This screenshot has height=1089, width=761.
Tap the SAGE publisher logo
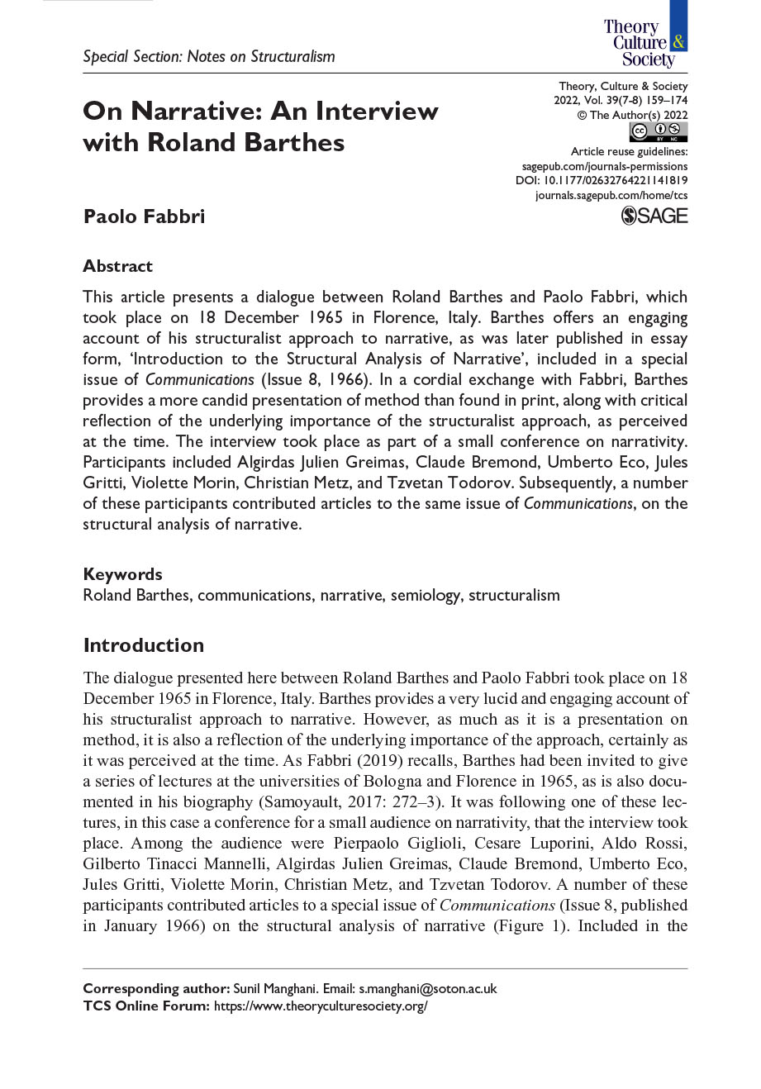click(654, 216)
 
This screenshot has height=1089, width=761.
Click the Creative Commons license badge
click(658, 131)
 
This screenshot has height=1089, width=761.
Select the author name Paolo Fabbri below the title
click(144, 216)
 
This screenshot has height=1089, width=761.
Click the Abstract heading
click(117, 266)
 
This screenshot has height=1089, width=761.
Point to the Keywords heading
click(122, 574)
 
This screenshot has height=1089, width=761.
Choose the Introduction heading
click(143, 645)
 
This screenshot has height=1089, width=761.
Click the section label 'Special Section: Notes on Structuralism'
click(209, 57)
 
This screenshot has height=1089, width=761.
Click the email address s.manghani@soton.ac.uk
click(427, 989)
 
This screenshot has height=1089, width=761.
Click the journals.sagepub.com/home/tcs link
click(611, 196)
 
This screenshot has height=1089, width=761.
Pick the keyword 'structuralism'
click(514, 595)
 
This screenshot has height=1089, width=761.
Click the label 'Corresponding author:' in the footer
click(156, 989)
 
